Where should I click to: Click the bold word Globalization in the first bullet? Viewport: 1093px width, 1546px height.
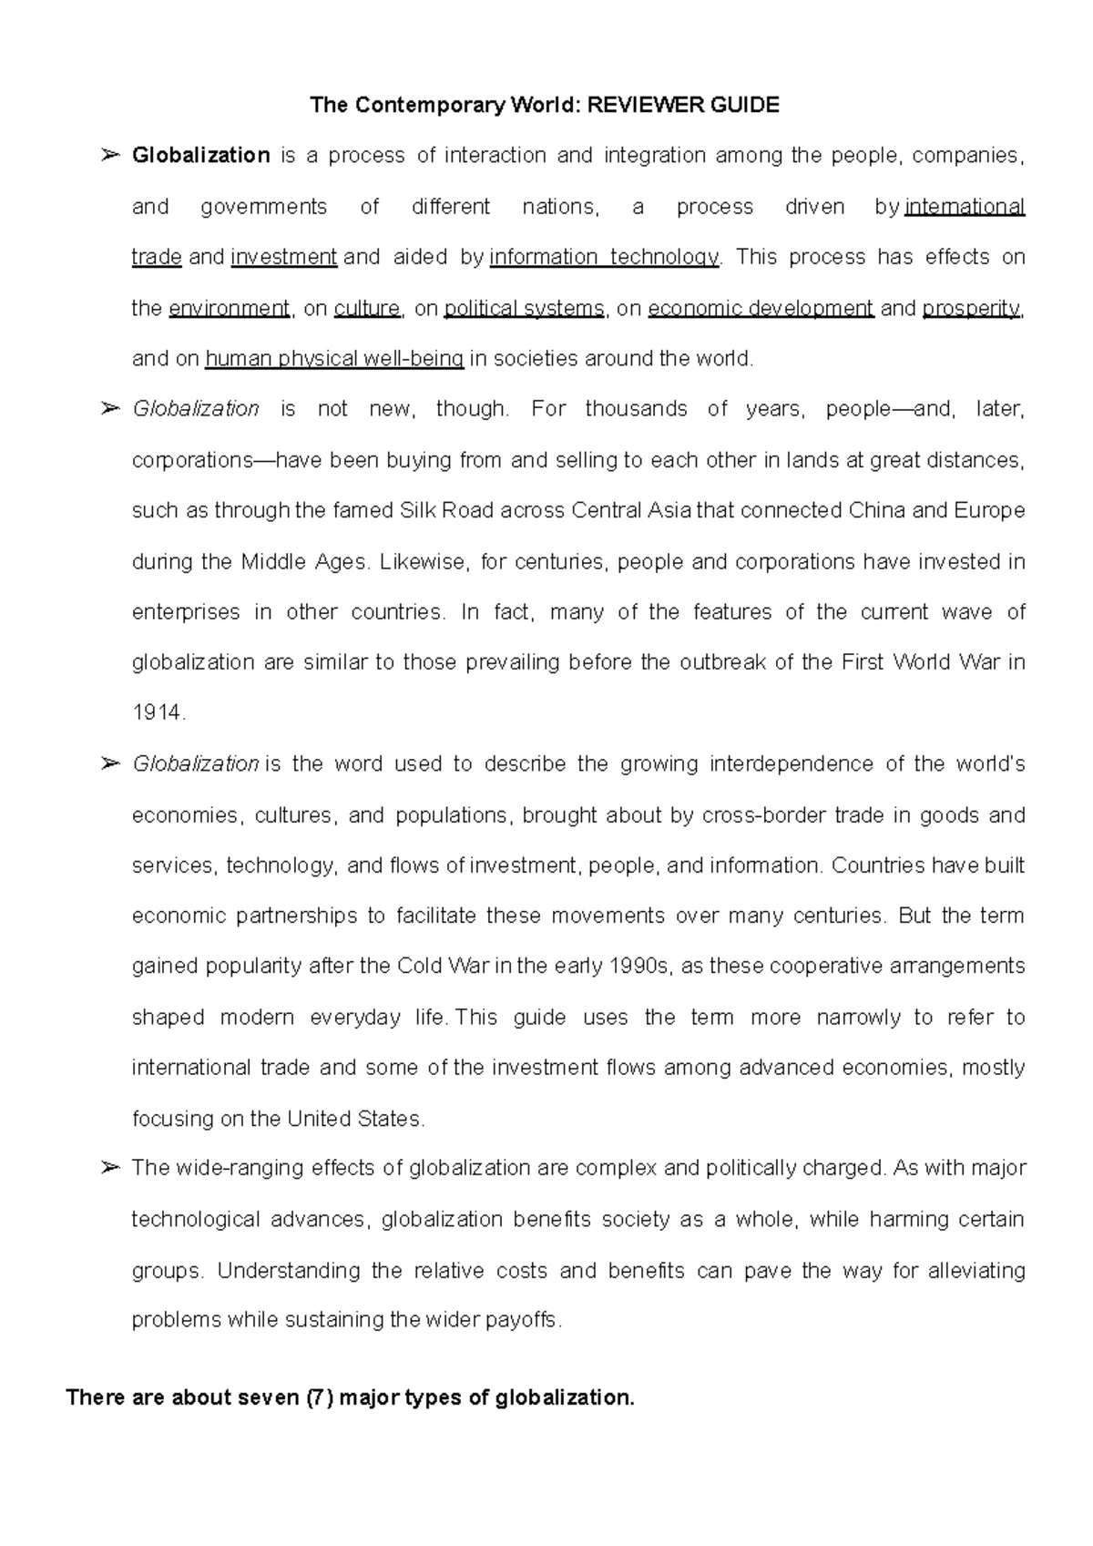pos(200,156)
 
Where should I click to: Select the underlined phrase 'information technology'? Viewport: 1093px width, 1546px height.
pos(604,258)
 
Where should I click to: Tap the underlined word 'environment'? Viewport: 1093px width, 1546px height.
pos(230,309)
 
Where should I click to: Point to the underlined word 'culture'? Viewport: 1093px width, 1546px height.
pos(367,309)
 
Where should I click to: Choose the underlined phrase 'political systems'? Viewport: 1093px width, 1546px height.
pos(524,309)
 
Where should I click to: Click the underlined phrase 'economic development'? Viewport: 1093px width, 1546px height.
pos(761,309)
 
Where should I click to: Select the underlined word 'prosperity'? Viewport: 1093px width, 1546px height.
pos(972,309)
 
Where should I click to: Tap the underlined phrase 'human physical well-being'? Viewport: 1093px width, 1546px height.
pos(335,359)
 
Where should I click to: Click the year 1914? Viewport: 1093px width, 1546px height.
pos(157,714)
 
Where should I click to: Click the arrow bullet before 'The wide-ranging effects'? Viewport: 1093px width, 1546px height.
pos(110,1168)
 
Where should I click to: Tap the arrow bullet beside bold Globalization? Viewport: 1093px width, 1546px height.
pos(110,156)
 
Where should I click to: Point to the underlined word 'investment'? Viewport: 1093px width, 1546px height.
pos(284,258)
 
